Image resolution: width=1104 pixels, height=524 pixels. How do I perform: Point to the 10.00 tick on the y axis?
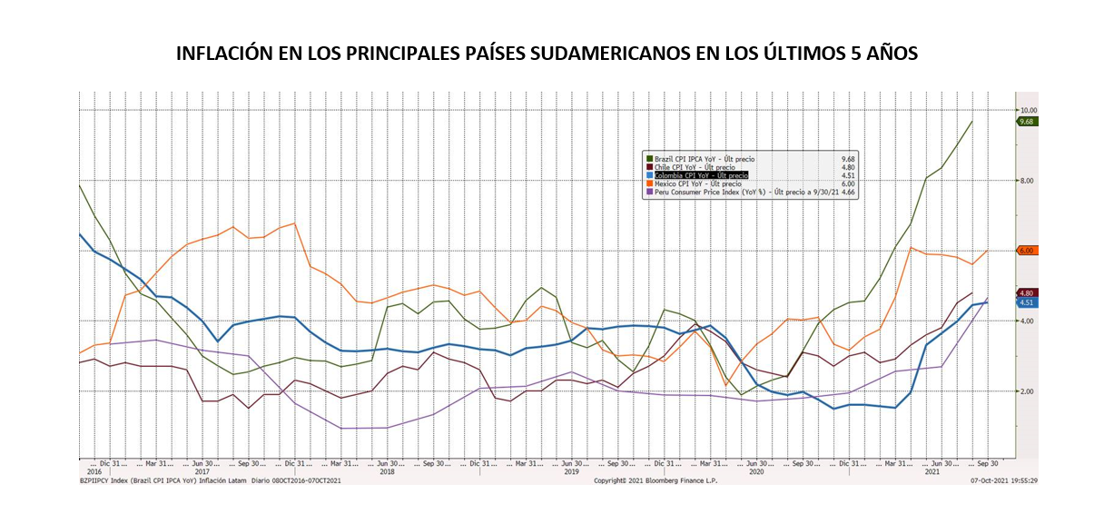tap(1028, 110)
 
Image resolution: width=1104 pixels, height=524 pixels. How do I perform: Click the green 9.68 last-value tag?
tap(1027, 122)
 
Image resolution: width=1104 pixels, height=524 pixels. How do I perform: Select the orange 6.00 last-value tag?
tap(1027, 251)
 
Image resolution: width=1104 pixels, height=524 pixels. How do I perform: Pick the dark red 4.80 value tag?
tap(1027, 293)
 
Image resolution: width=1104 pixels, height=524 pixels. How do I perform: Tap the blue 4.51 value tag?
tap(1027, 303)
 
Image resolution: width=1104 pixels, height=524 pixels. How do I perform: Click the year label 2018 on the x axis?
tap(388, 471)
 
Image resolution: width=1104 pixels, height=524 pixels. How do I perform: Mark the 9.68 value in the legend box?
tap(848, 159)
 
